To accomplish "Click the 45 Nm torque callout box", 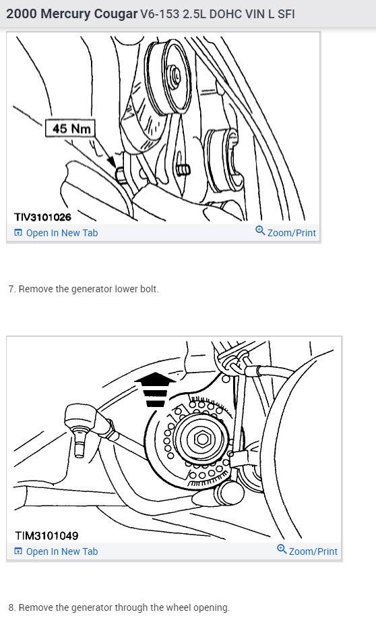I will click(71, 128).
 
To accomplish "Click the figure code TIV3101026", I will click(42, 217).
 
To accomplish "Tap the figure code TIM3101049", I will click(46, 536).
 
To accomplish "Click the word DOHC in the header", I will click(226, 14).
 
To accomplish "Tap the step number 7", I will click(11, 289).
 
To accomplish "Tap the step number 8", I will click(11, 607).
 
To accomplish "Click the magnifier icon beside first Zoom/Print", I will click(260, 232).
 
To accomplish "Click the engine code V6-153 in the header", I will click(158, 14).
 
